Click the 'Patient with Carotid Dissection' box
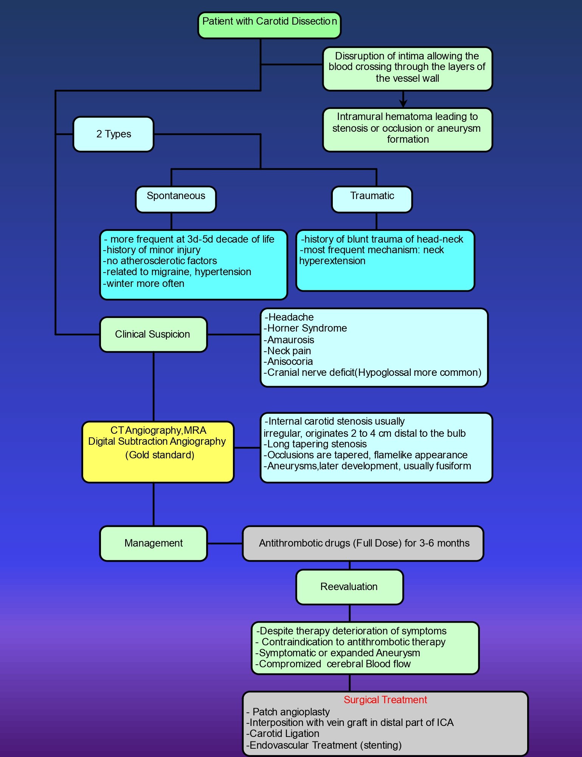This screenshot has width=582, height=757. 269,25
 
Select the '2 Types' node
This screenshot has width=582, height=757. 113,134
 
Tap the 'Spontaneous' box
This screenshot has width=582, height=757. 176,199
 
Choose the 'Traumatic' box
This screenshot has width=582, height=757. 372,199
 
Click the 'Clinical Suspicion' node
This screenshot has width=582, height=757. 154,334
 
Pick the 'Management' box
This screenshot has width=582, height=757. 154,543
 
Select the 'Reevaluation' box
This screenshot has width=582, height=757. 349,587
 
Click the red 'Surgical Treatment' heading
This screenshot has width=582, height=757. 385,700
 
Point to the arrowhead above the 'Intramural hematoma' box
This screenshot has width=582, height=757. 403,103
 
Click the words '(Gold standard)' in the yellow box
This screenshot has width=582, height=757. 160,455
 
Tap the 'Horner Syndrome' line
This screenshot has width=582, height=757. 305,328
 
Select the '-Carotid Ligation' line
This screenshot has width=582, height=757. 283,734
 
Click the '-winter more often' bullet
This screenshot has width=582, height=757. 144,283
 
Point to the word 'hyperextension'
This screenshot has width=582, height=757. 332,261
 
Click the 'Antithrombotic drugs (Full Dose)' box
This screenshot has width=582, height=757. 363,543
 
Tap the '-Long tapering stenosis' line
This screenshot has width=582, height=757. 315,444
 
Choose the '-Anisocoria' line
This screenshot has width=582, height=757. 288,361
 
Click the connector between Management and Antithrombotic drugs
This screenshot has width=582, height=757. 225,543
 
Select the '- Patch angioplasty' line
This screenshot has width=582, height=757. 288,712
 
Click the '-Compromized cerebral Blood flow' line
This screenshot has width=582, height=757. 333,664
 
